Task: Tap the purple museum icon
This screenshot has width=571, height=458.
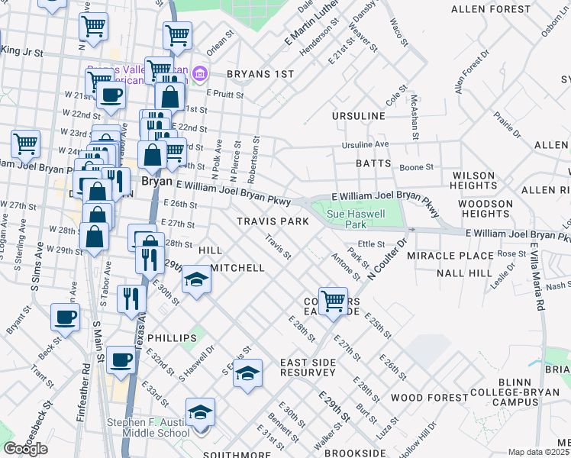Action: (x=201, y=73)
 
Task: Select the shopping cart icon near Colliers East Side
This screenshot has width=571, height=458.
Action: (x=333, y=301)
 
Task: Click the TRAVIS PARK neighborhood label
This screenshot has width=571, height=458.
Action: (x=273, y=221)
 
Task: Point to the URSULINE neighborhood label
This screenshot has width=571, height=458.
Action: (x=358, y=115)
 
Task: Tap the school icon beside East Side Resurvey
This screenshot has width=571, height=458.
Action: (x=247, y=374)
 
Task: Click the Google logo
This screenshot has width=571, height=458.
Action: (x=25, y=449)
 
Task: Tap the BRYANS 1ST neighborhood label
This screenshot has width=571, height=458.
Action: (x=260, y=74)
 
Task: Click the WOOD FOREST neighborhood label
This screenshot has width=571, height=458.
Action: (x=429, y=398)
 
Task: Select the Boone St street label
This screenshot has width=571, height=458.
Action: (x=417, y=166)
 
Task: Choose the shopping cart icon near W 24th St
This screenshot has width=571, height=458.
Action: (x=25, y=142)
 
